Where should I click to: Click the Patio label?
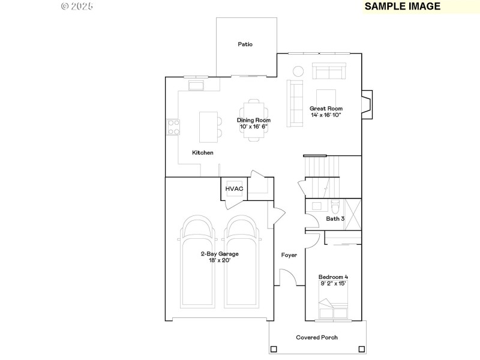[x=245, y=44]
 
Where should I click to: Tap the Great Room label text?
[x=326, y=109]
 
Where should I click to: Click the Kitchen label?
[x=203, y=152]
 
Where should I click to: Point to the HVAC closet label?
[x=234, y=189]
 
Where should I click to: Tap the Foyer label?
[x=289, y=255]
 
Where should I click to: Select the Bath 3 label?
[x=335, y=219]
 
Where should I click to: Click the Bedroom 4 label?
[x=333, y=277]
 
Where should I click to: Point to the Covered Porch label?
[x=317, y=337]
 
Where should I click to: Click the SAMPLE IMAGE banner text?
[x=403, y=7]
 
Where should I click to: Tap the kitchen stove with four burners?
[x=173, y=127]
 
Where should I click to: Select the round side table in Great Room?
[x=298, y=71]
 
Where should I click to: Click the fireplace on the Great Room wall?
[x=367, y=104]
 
